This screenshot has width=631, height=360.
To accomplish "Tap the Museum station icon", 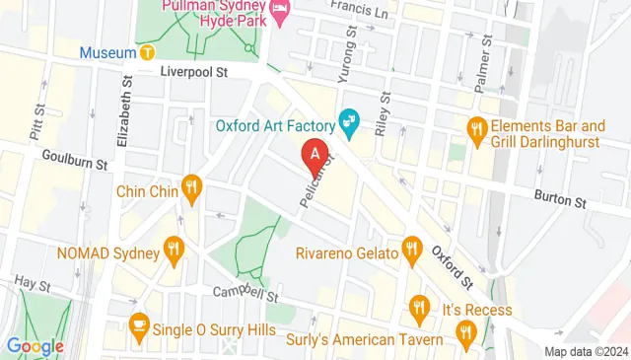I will (147, 51).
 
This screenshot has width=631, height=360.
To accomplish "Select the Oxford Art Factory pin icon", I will (348, 123).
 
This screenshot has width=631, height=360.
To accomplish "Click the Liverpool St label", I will (194, 72).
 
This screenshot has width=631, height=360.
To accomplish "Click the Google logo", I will (35, 346).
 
